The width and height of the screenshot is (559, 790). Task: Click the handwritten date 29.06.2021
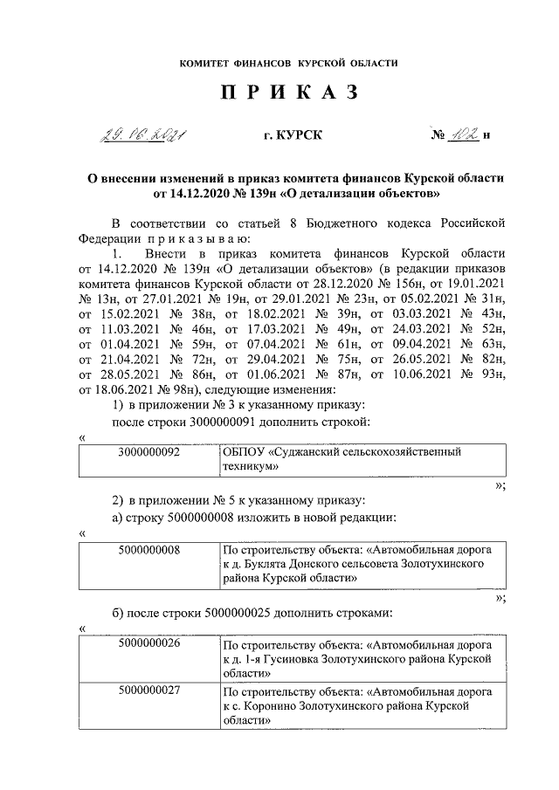[145, 135]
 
